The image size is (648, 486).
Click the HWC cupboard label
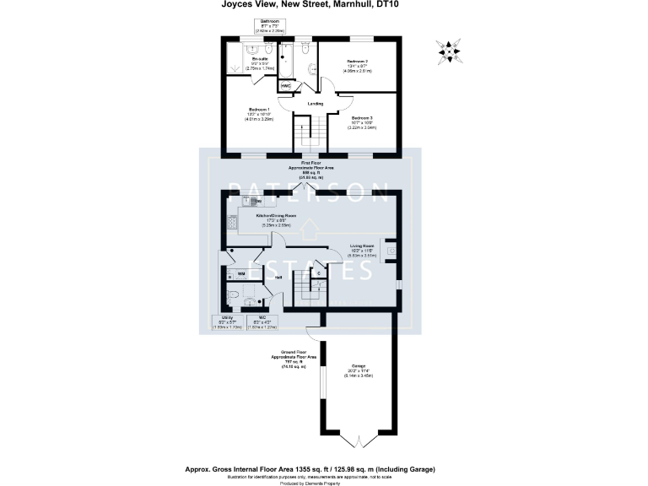pyautogui.click(x=285, y=86)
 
